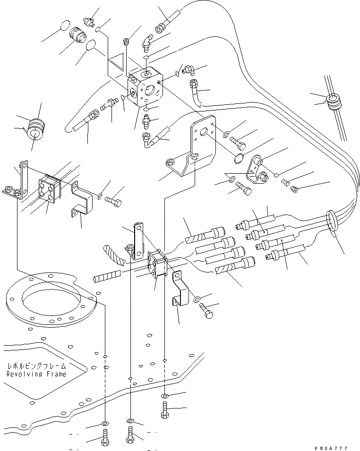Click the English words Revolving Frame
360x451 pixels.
coord(36,374)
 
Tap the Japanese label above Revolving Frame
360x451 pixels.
coord(36,366)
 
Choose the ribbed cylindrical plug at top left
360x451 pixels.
coord(76,34)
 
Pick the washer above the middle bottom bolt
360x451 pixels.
coord(130,420)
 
